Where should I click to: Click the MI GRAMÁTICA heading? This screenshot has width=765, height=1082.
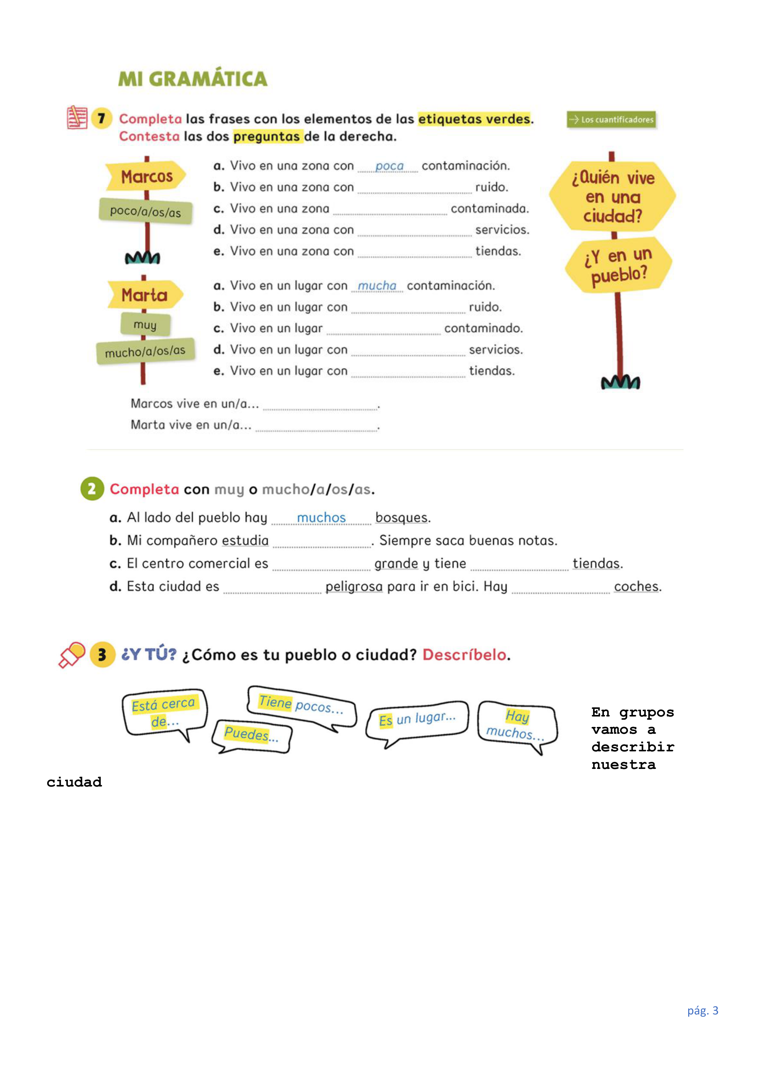[x=192, y=79]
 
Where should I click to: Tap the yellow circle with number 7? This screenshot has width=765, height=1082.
[x=101, y=118]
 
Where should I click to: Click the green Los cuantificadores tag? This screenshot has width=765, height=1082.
[x=611, y=120]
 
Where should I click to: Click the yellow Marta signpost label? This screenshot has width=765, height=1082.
[x=145, y=295]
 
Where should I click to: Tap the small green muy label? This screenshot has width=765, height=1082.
[x=145, y=325]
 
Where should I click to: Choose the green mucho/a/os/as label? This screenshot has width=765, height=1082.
[x=145, y=351]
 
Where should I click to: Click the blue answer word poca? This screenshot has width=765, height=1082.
[x=389, y=166]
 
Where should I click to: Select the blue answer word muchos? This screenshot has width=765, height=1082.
[x=321, y=518]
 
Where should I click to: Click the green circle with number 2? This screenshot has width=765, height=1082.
[x=92, y=489]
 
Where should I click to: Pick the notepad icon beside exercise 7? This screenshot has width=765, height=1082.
[x=77, y=117]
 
